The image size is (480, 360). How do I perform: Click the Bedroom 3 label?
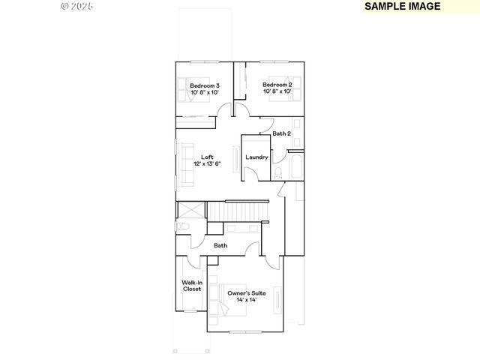coord(204,85)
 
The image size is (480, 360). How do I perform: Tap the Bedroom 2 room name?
coord(277,85)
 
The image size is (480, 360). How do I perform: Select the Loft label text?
coord(207,157)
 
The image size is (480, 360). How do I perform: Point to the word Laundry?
coord(256,157)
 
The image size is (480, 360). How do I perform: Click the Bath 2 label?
coord(281,133)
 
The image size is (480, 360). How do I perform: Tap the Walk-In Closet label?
coord(192,285)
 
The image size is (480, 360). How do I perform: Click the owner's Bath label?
coord(220,245)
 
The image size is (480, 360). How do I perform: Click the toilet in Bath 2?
coord(278,172)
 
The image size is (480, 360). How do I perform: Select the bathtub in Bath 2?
coord(295,167)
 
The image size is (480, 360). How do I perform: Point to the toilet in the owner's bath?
coord(183,226)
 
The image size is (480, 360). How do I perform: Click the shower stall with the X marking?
coord(190,209)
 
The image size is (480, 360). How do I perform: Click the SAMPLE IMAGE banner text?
coord(403,6)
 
